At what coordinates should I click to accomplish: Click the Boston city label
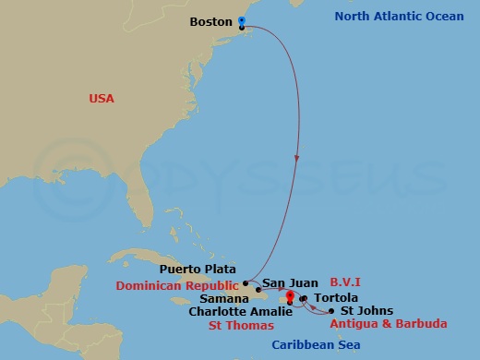pos(210,21)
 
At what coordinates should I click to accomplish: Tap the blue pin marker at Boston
pos(241,21)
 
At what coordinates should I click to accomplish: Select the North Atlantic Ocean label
pos(396,16)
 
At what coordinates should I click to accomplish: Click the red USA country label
pos(102,98)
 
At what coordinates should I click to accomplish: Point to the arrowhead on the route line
pos(297,159)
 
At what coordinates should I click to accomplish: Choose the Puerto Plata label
pos(196,269)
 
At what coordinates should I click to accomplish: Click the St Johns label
pos(366,311)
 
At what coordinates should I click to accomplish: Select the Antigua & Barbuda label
pos(389,324)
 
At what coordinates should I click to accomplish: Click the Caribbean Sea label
pos(315,345)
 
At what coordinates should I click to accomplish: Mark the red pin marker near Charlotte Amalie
pos(290,297)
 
